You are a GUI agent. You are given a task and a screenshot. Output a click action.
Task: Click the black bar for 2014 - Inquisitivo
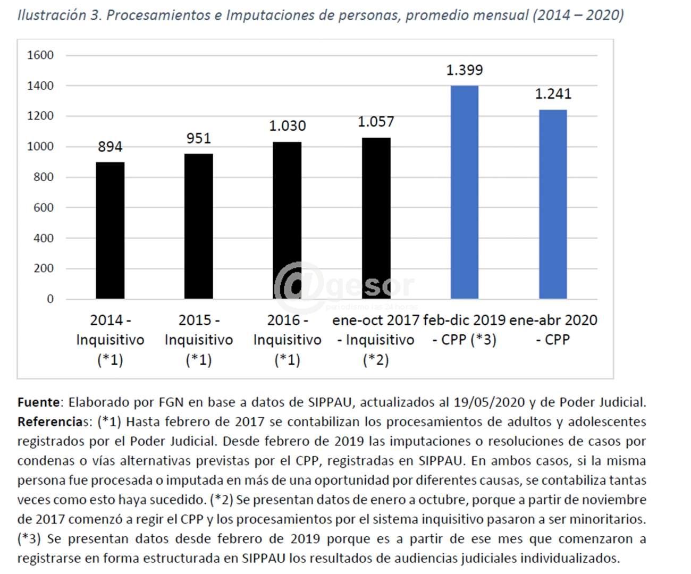(x=110, y=230)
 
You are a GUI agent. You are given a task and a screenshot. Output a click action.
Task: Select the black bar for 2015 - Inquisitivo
(x=199, y=226)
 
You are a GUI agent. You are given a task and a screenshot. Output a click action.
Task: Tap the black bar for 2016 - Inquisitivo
(x=287, y=220)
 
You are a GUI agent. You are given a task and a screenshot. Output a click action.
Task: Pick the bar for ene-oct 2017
(x=376, y=218)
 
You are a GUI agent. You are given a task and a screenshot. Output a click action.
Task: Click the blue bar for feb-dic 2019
(x=465, y=192)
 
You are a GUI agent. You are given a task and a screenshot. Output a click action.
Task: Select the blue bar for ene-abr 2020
(x=553, y=204)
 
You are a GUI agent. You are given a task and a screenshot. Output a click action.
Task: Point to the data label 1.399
(x=465, y=70)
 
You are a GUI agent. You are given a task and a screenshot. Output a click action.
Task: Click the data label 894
(x=110, y=147)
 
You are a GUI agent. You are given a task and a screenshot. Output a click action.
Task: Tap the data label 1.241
(x=553, y=94)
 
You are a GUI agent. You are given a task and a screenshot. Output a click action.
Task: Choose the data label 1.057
(x=376, y=122)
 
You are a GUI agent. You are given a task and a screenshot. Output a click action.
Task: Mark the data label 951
(x=199, y=138)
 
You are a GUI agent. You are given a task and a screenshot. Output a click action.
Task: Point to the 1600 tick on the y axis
(x=40, y=55)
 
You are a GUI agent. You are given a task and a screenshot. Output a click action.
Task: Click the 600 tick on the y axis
(x=44, y=208)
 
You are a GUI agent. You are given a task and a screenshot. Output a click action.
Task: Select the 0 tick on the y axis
(x=50, y=299)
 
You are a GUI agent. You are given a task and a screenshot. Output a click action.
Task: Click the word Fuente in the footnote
(x=40, y=402)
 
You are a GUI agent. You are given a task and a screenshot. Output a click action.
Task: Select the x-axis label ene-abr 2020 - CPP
(x=553, y=330)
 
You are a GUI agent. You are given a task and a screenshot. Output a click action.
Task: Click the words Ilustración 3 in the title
(x=59, y=15)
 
